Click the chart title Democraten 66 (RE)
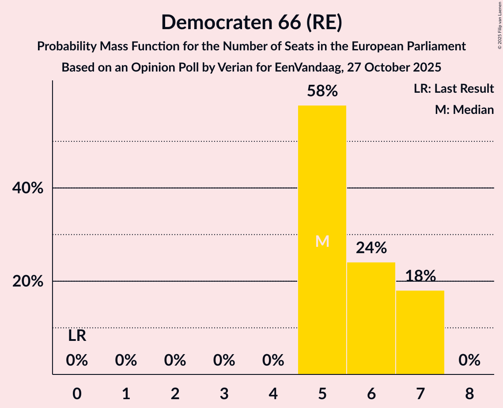251,22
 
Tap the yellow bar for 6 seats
371,318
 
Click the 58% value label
322,91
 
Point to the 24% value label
371,248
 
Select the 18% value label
420,276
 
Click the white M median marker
322,241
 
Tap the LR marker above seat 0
77,336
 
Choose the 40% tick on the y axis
28,188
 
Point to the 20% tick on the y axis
28,281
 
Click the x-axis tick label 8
469,392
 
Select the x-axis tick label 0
77,392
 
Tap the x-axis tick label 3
224,392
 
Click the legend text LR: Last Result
454,89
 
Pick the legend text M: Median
464,110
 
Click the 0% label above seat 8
469,361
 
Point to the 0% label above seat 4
273,361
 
